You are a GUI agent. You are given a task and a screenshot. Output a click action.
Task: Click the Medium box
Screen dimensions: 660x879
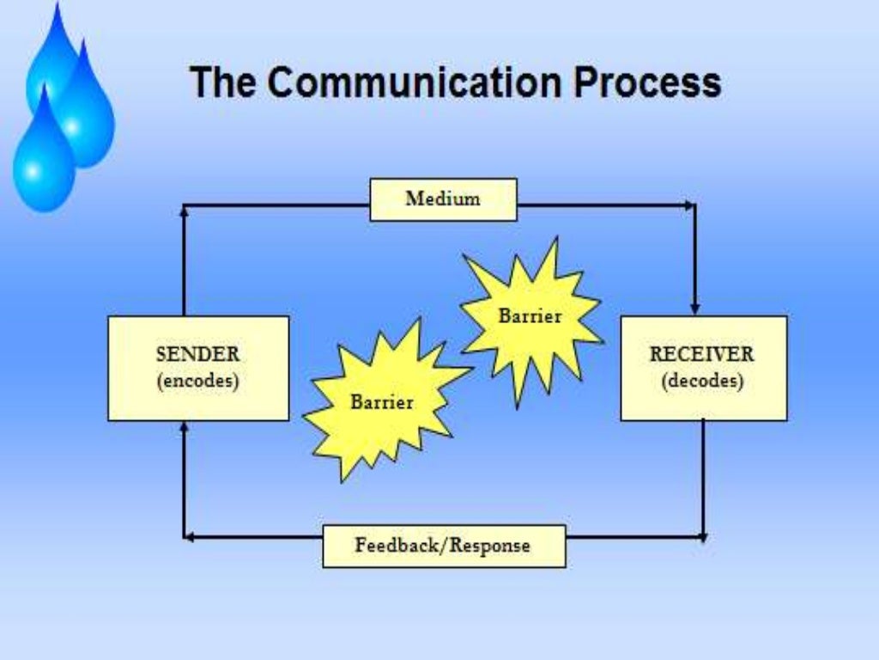coord(443,199)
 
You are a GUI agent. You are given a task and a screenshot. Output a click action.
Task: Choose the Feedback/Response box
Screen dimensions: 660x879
coord(444,546)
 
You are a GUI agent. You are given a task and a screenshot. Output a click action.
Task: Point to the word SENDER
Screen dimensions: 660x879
coord(197,354)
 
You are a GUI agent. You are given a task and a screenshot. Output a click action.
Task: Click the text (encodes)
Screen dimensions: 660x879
coord(197,381)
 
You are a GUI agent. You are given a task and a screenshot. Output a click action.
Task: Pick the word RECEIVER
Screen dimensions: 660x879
coord(702,354)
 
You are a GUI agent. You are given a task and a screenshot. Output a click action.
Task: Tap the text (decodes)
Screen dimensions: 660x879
coord(702,381)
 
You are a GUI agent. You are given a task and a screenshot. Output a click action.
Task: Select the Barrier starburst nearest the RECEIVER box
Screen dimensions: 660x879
coord(530,317)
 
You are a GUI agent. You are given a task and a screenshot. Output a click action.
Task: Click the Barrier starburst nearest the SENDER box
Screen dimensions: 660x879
coord(382,401)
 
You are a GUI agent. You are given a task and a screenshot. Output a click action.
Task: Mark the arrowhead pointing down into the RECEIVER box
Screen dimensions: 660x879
coord(695,309)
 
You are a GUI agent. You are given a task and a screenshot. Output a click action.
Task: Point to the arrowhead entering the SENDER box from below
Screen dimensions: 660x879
coord(184,426)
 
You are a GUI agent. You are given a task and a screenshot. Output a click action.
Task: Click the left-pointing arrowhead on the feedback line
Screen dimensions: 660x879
coord(189,538)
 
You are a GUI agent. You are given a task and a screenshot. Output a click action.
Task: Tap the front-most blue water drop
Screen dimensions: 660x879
coord(43,163)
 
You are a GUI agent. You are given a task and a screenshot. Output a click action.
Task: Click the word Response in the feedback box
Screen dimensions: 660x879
coord(490,546)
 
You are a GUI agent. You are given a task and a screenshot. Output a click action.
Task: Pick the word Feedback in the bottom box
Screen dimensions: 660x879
coord(397,546)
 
